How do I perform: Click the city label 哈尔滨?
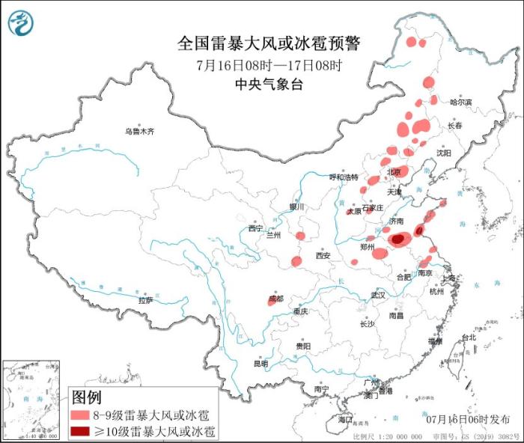[460, 102]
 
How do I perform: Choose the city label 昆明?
[260, 364]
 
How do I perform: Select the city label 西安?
[323, 255]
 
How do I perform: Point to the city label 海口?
[345, 421]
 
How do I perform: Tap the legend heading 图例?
[86, 397]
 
